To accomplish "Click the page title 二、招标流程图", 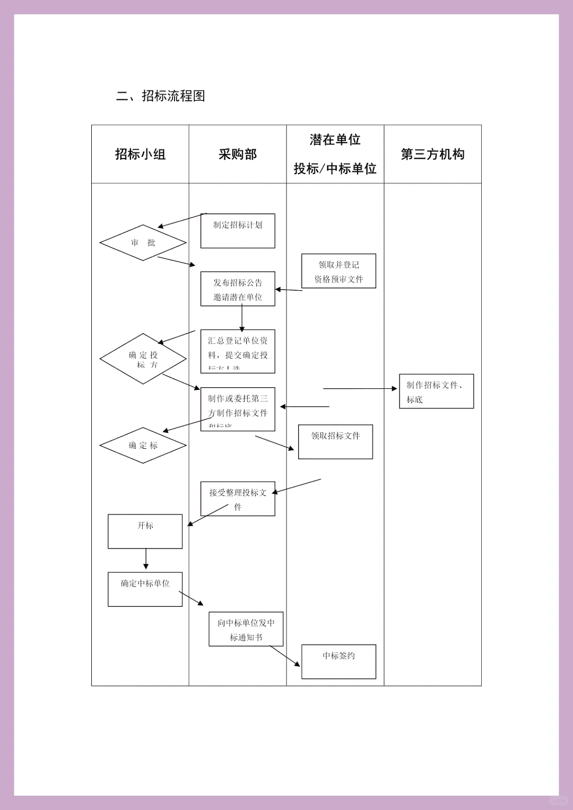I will [161, 96].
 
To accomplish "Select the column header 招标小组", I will [141, 154].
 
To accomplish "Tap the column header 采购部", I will [238, 154].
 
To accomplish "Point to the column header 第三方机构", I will [432, 154].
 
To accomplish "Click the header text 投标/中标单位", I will [335, 169].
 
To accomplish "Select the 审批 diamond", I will [143, 243].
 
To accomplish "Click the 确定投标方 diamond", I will [143, 359].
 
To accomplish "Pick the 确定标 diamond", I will [143, 446].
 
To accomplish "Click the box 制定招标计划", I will [238, 231].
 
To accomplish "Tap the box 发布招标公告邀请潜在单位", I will [238, 289].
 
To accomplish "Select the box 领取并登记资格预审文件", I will [338, 271].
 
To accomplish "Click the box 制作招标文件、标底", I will [436, 391].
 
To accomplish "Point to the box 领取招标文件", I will [335, 441].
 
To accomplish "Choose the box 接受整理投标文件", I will [238, 499].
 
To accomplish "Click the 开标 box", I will [145, 531].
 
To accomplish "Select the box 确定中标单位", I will [145, 589].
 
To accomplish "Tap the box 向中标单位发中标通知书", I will [246, 629].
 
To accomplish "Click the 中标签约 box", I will [338, 661].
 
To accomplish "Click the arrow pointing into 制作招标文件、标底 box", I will [361, 389].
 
